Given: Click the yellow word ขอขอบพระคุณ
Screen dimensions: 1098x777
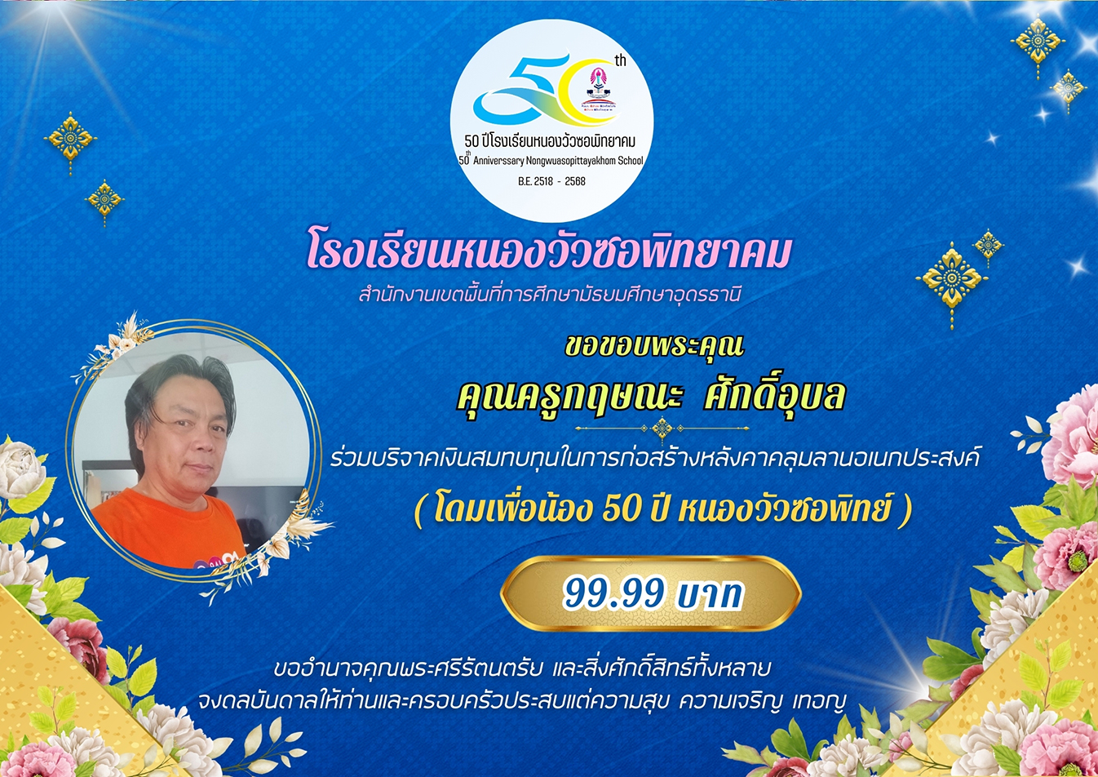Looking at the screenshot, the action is click(654, 347).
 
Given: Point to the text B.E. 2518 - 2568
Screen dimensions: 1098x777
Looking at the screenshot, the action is click(551, 181).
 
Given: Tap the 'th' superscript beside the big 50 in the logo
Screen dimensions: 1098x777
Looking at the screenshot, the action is click(621, 61).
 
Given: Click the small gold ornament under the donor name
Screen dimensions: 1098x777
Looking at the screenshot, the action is click(662, 429).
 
